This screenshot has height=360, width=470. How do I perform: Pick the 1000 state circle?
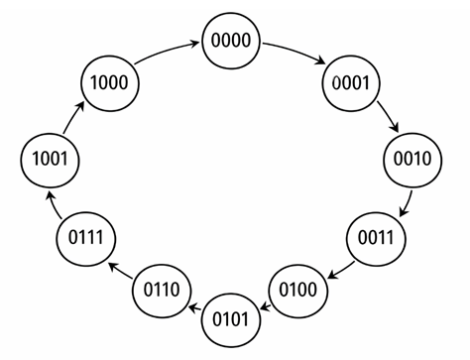[x=107, y=83]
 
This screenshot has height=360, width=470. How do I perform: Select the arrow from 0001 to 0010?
[x=389, y=118]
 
